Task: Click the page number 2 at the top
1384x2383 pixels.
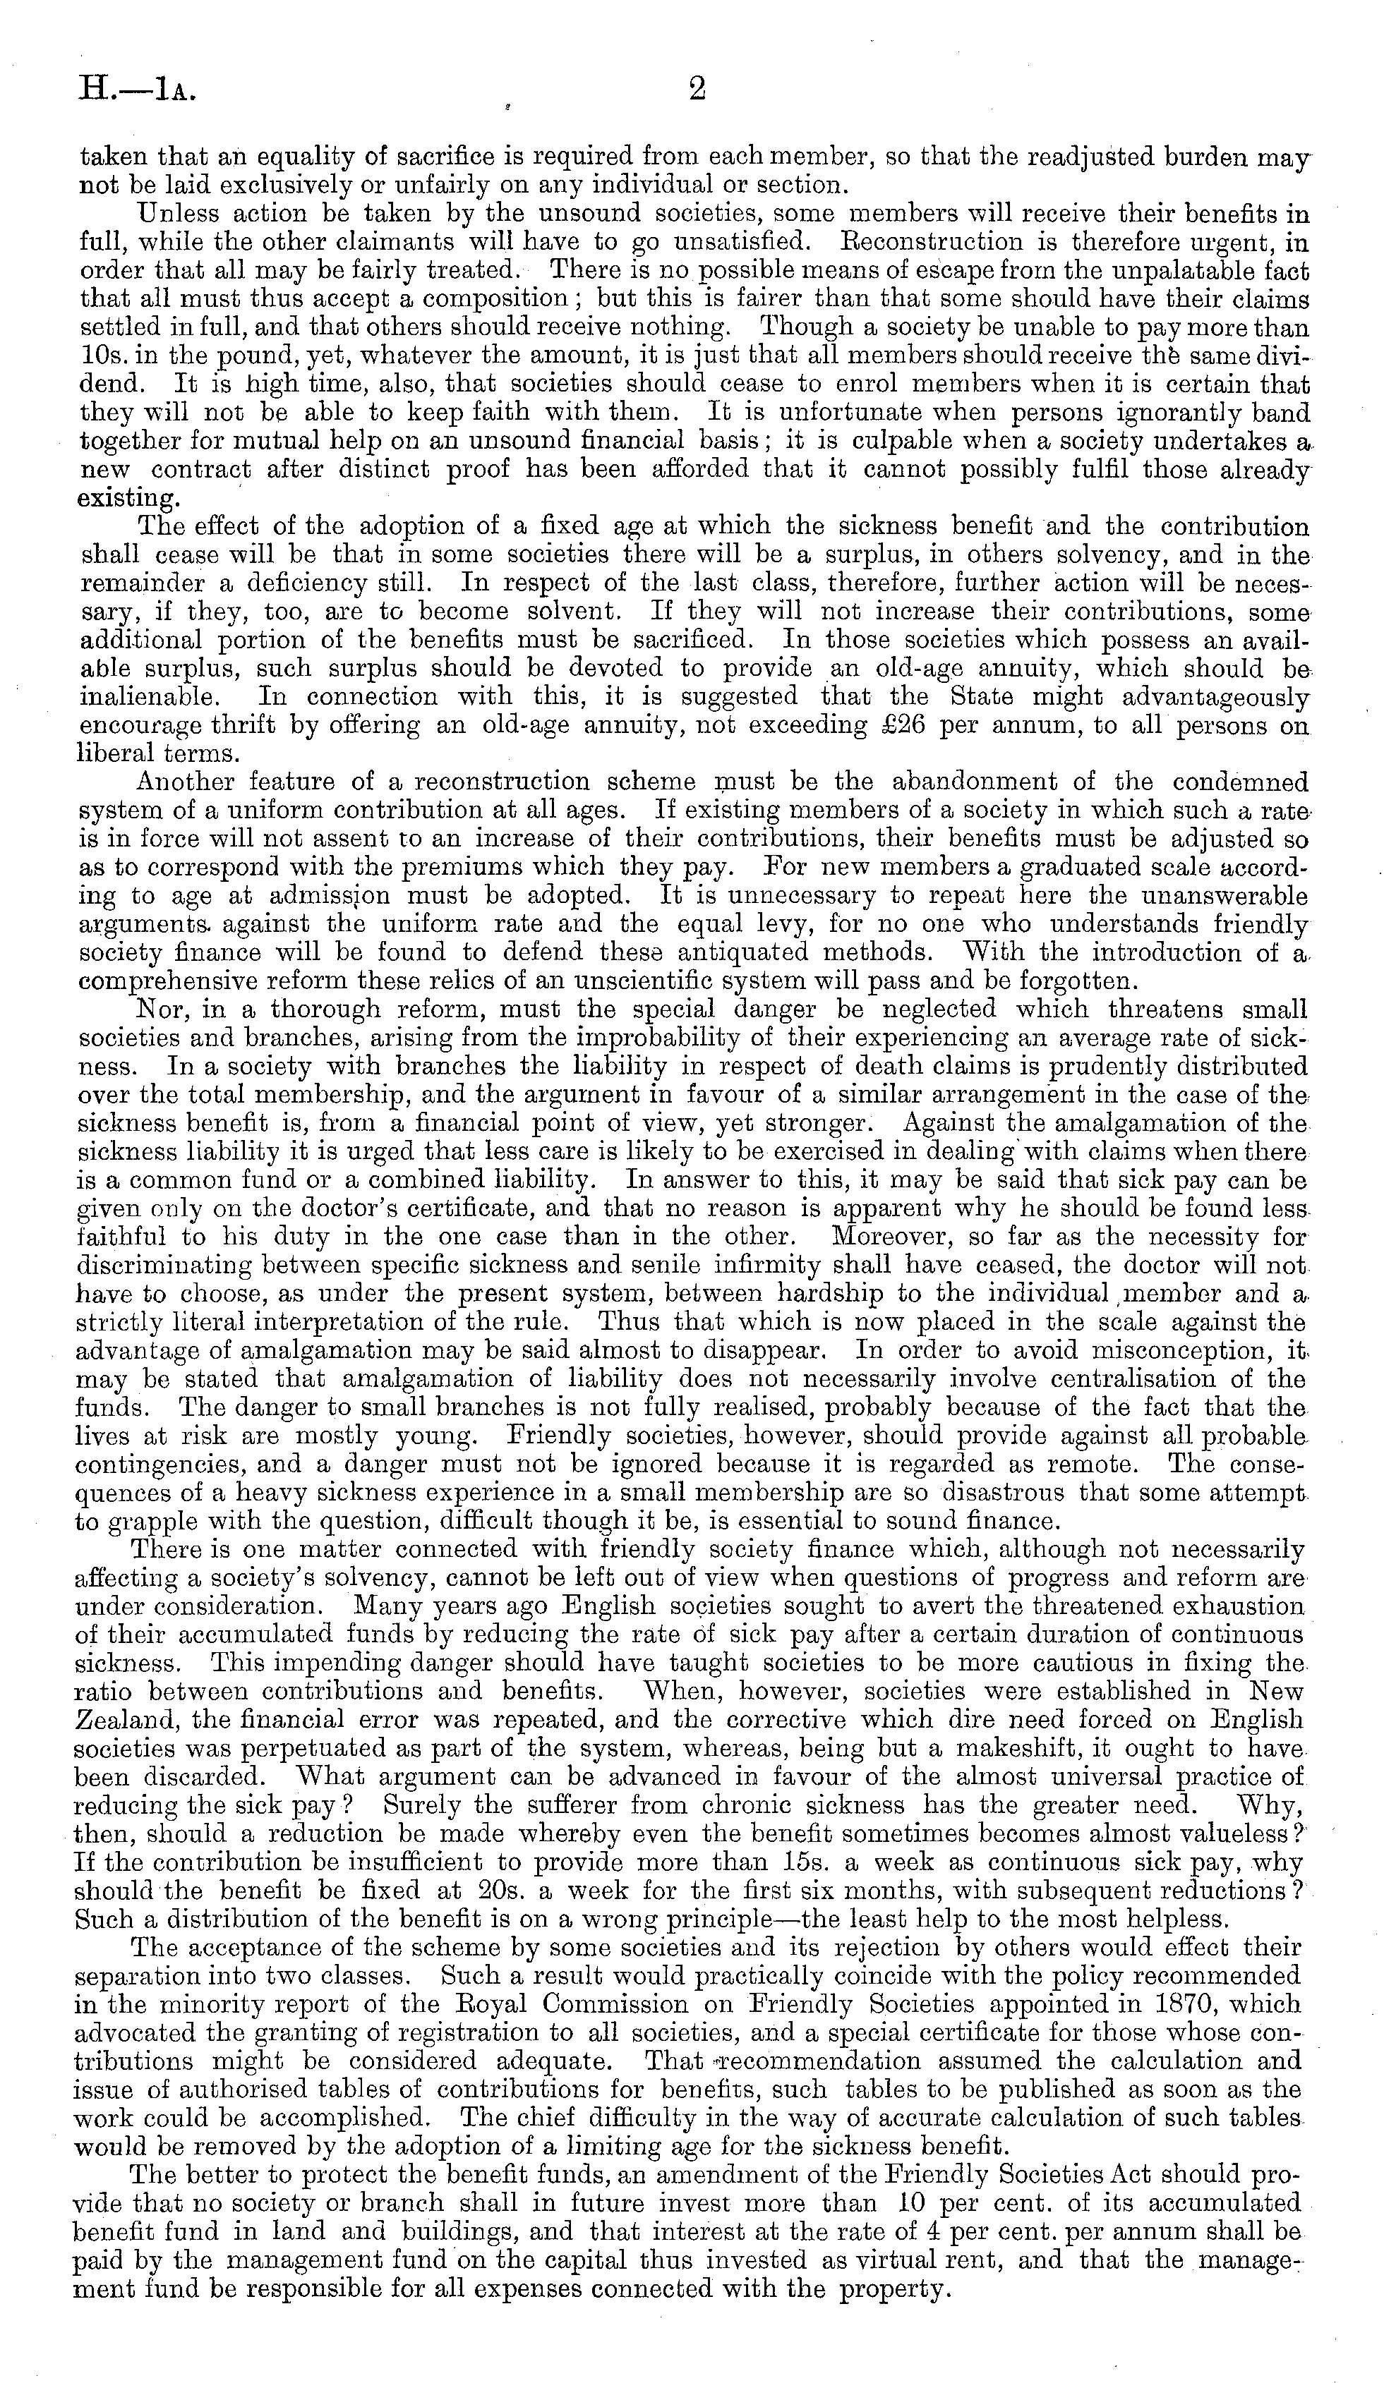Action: pos(697,90)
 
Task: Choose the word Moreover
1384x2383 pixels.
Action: pos(889,1236)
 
